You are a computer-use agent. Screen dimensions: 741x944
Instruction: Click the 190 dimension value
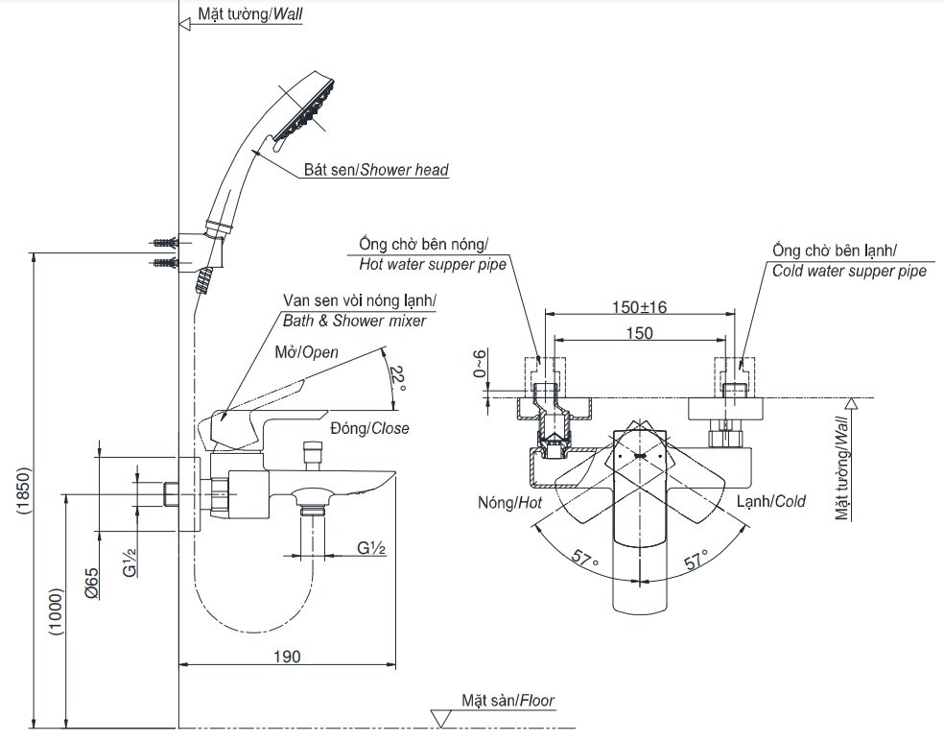tap(287, 657)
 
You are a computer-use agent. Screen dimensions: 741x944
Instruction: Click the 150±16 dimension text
tap(640, 307)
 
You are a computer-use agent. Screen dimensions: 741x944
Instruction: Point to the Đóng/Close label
tap(369, 428)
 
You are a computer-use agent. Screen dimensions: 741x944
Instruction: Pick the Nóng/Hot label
tap(509, 502)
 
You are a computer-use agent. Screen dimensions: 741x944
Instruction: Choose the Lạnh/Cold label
tap(770, 501)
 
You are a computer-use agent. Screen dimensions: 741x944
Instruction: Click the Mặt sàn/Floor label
tap(507, 702)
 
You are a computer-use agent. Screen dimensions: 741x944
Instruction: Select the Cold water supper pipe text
tap(849, 271)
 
